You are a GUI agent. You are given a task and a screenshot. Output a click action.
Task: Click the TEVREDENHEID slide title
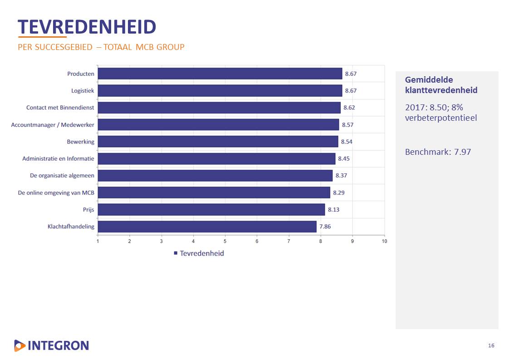[x=87, y=27]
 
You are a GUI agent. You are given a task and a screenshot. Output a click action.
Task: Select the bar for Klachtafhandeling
[x=207, y=227]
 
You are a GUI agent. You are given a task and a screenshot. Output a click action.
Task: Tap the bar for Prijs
[x=211, y=209]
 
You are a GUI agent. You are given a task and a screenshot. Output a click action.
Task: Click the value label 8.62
[x=349, y=108]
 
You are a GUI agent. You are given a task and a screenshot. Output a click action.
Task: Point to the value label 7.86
[x=325, y=227]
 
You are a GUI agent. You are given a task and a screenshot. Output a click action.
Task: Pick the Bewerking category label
[x=81, y=142]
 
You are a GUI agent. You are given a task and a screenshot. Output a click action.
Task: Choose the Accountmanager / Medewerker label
[x=53, y=125]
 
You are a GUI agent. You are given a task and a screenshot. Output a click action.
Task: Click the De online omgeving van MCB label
[x=56, y=192]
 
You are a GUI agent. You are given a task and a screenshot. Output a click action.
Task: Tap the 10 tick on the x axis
[x=384, y=241]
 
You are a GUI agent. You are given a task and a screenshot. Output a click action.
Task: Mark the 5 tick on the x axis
[x=225, y=241]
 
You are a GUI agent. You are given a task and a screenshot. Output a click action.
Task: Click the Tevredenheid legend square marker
[x=176, y=253]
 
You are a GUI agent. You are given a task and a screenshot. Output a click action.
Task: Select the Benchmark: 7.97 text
[x=438, y=152]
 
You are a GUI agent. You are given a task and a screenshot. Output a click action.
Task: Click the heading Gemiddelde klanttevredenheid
[x=441, y=85]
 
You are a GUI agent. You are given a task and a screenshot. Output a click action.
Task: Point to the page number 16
[x=491, y=346]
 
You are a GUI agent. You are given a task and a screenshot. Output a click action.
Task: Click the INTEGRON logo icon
[x=20, y=345]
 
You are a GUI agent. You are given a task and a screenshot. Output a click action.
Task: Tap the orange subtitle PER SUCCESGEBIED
[x=101, y=47]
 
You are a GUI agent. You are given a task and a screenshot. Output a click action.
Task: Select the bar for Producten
[x=220, y=74]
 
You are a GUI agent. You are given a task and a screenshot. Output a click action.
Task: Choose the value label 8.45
[x=344, y=158]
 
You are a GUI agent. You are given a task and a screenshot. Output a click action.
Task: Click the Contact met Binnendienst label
[x=60, y=108]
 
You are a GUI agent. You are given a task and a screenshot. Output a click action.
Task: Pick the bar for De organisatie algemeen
[x=215, y=176]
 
